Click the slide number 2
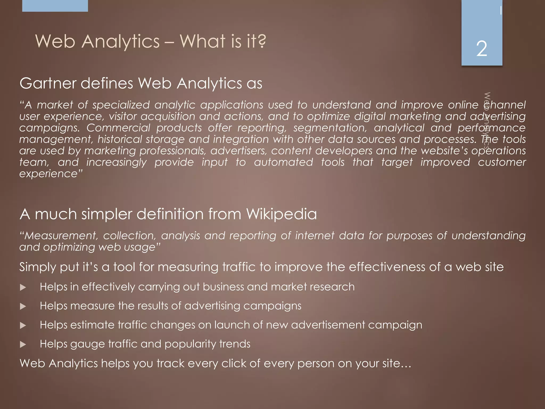[x=482, y=49]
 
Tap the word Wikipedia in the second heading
[x=282, y=214]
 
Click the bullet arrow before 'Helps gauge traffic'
[x=23, y=345]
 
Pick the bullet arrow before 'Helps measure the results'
[x=23, y=306]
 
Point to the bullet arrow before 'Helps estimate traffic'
[x=23, y=325]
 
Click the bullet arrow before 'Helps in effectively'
[x=23, y=287]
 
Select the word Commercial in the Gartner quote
[x=118, y=128]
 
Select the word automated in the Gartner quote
[x=283, y=162]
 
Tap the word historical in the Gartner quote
[x=120, y=139]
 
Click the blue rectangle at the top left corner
[x=55, y=6]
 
